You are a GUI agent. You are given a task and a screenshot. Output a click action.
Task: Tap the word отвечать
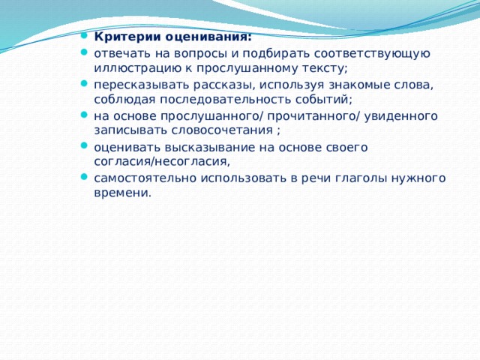pos(121,52)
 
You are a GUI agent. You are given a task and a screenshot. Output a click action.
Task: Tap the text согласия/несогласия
pos(161,161)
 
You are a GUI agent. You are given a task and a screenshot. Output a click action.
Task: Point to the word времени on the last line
pos(121,193)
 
